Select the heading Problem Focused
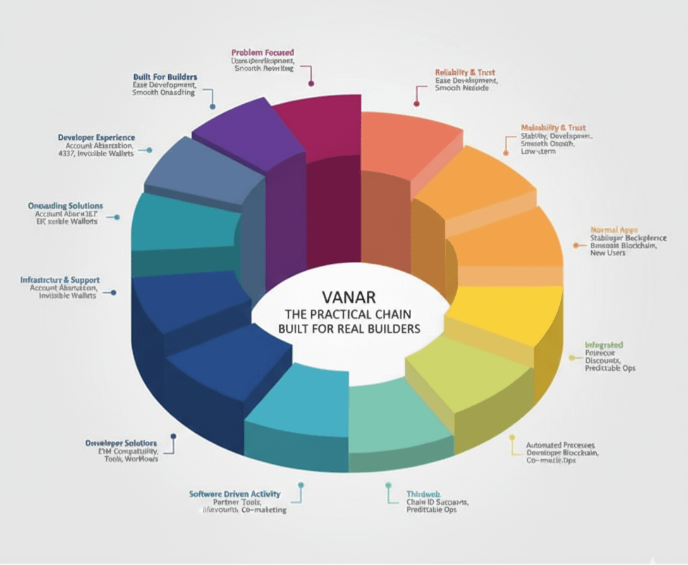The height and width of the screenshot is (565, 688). point(262,52)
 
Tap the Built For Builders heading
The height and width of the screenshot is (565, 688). point(165,77)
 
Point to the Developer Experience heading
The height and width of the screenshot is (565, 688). point(96,137)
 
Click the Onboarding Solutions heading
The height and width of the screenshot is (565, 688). point(65,206)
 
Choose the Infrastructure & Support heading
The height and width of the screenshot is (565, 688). point(60,280)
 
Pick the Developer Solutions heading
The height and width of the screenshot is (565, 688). point(121,443)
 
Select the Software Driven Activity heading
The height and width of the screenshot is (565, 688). point(235,494)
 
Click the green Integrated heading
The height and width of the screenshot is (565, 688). point(604,345)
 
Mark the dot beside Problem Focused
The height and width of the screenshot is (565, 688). point(310,83)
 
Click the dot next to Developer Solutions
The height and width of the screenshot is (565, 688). point(173,436)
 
